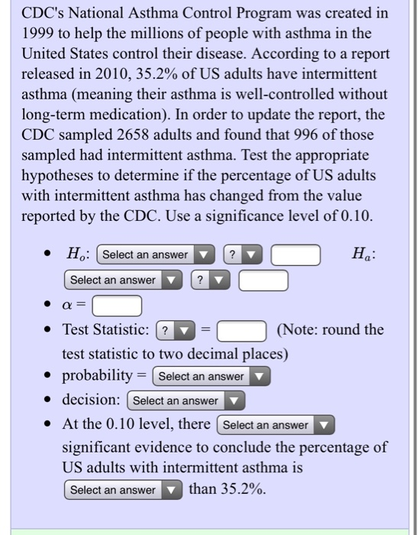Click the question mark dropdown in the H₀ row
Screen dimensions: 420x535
(x=244, y=255)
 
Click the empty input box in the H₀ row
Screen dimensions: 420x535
(x=296, y=255)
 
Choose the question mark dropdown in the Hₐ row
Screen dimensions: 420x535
(x=210, y=280)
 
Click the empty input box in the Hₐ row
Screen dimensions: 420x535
(x=263, y=280)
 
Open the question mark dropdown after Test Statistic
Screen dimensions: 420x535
(x=176, y=331)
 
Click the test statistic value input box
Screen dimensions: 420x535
(x=242, y=331)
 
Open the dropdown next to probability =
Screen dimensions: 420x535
(x=212, y=376)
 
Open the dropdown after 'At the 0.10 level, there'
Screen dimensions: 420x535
(x=276, y=425)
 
